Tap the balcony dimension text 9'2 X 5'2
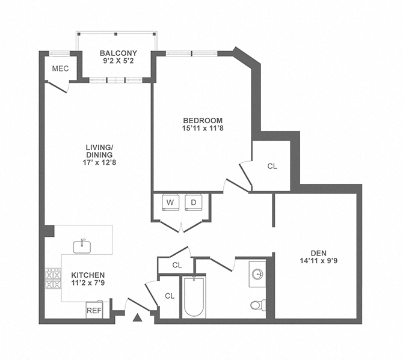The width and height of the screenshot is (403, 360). click(x=117, y=61)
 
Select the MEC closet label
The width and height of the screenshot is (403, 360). click(x=60, y=69)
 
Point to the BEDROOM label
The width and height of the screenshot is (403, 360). click(x=202, y=120)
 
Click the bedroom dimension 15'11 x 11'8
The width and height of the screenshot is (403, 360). click(x=202, y=129)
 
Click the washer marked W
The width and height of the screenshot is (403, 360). click(x=170, y=203)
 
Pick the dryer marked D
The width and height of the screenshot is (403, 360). click(x=194, y=203)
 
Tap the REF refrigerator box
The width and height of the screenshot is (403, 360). click(x=94, y=310)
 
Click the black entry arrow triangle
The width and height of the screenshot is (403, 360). click(x=137, y=317)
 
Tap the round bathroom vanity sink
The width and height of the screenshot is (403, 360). click(x=257, y=274)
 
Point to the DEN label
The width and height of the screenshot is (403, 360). click(x=319, y=253)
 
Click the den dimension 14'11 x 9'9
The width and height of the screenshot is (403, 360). click(x=319, y=261)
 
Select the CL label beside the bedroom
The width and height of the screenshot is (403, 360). click(x=272, y=166)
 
